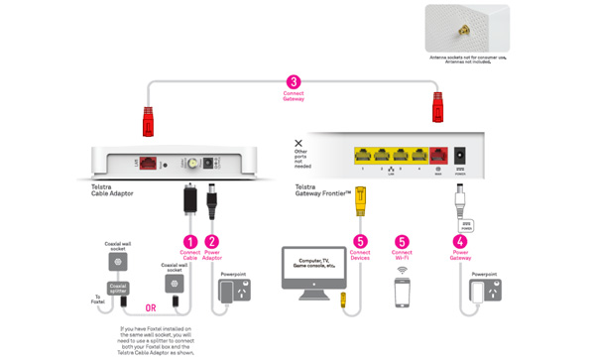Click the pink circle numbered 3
(293, 82)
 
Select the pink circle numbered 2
(213, 241)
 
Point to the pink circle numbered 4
(458, 241)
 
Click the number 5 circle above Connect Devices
(361, 241)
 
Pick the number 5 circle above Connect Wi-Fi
(402, 241)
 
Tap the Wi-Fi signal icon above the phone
(402, 269)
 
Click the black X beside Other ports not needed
(298, 145)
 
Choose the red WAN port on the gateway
(437, 155)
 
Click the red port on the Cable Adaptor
(147, 161)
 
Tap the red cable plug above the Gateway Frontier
(437, 102)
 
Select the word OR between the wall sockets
(150, 306)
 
